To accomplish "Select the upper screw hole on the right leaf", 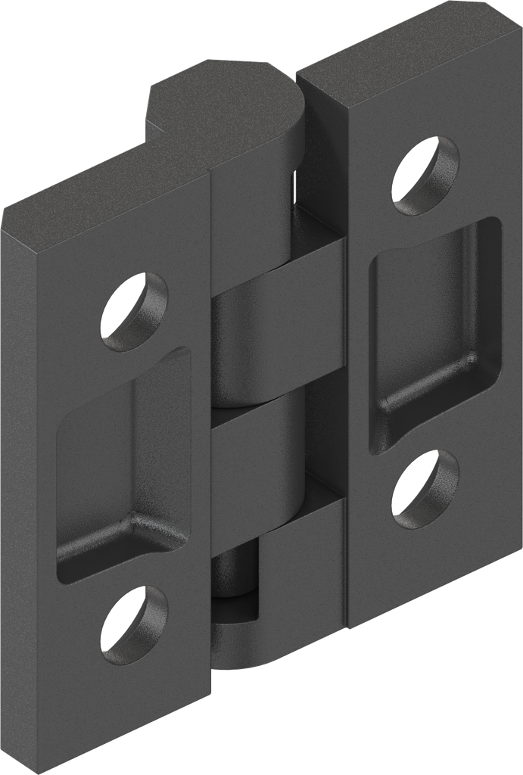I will click(x=425, y=175).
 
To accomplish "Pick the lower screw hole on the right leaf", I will click(x=425, y=489).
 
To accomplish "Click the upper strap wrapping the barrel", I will click(x=280, y=269).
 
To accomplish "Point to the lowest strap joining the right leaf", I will click(x=303, y=560).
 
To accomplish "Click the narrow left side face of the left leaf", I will click(x=19, y=492).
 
